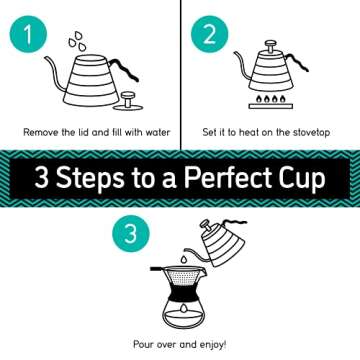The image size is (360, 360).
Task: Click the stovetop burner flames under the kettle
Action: (270, 102)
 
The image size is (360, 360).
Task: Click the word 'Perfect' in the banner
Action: (231, 180)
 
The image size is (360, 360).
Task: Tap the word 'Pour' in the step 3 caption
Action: (144, 344)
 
